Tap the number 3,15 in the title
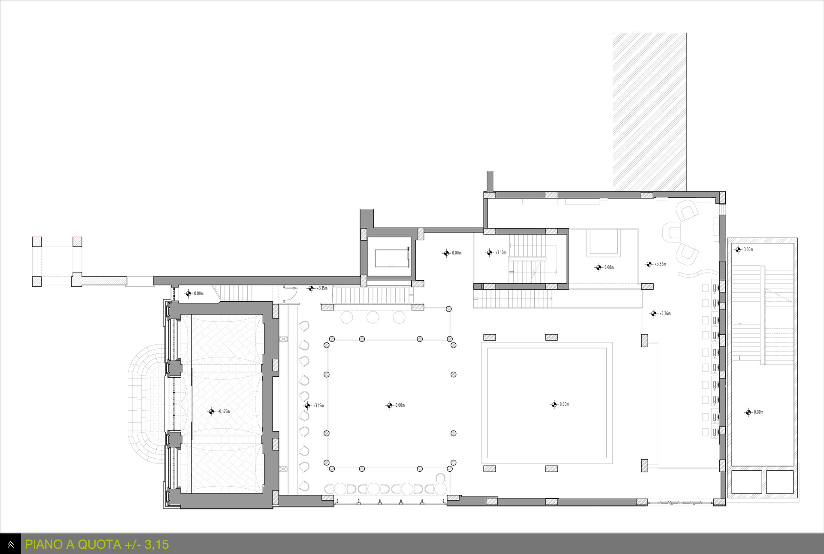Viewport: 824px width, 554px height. (x=157, y=544)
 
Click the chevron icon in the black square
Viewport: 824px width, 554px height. (x=10, y=544)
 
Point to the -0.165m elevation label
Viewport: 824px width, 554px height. (x=224, y=412)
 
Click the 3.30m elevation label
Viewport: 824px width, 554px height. (x=748, y=249)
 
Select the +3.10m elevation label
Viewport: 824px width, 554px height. (x=500, y=253)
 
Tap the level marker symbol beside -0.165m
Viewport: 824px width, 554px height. (x=211, y=412)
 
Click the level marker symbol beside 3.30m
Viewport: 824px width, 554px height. (x=738, y=249)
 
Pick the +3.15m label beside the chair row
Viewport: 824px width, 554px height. (x=318, y=406)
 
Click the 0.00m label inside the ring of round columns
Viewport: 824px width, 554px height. (x=400, y=405)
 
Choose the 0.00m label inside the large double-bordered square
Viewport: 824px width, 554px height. (x=564, y=404)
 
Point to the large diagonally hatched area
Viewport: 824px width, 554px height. (x=650, y=112)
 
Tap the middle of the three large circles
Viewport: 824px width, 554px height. (x=373, y=317)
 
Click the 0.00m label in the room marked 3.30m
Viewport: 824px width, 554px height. (x=759, y=412)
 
